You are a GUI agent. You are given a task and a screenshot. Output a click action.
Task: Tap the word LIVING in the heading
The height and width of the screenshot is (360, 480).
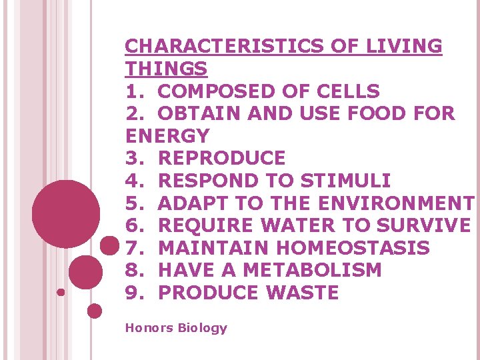pyautogui.click(x=404, y=46)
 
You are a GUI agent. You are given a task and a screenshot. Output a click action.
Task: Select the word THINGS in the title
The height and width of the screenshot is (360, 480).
pyautogui.click(x=166, y=69)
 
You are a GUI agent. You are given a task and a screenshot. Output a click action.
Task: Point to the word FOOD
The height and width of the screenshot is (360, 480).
pyautogui.click(x=391, y=113)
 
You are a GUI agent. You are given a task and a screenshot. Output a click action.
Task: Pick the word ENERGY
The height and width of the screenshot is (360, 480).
pyautogui.click(x=167, y=136)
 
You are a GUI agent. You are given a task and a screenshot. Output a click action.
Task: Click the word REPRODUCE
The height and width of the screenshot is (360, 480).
pyautogui.click(x=222, y=159)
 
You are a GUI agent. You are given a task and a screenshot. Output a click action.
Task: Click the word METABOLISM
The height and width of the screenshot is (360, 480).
pyautogui.click(x=313, y=271)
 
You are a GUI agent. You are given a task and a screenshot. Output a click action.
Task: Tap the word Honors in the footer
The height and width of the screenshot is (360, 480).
pyautogui.click(x=147, y=328)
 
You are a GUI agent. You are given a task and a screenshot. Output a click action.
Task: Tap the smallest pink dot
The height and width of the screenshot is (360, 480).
pyautogui.click(x=61, y=292)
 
